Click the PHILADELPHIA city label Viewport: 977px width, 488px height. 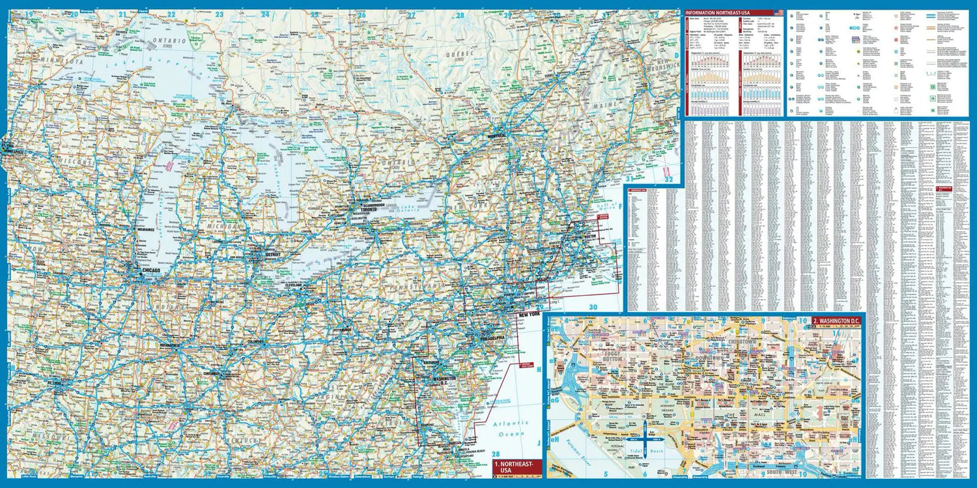[x=490, y=339]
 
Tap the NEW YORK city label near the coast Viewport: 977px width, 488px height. [x=529, y=315]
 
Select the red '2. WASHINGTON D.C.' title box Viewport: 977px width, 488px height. [x=836, y=321]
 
